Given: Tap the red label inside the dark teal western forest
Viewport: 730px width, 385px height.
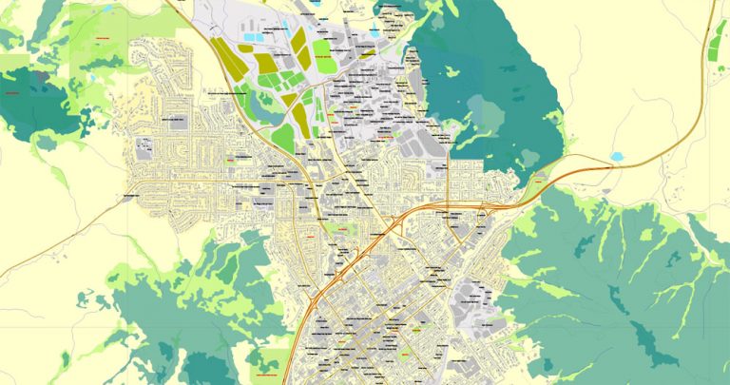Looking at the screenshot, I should (13, 93).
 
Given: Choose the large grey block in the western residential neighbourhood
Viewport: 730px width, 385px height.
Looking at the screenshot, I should (145, 147).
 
